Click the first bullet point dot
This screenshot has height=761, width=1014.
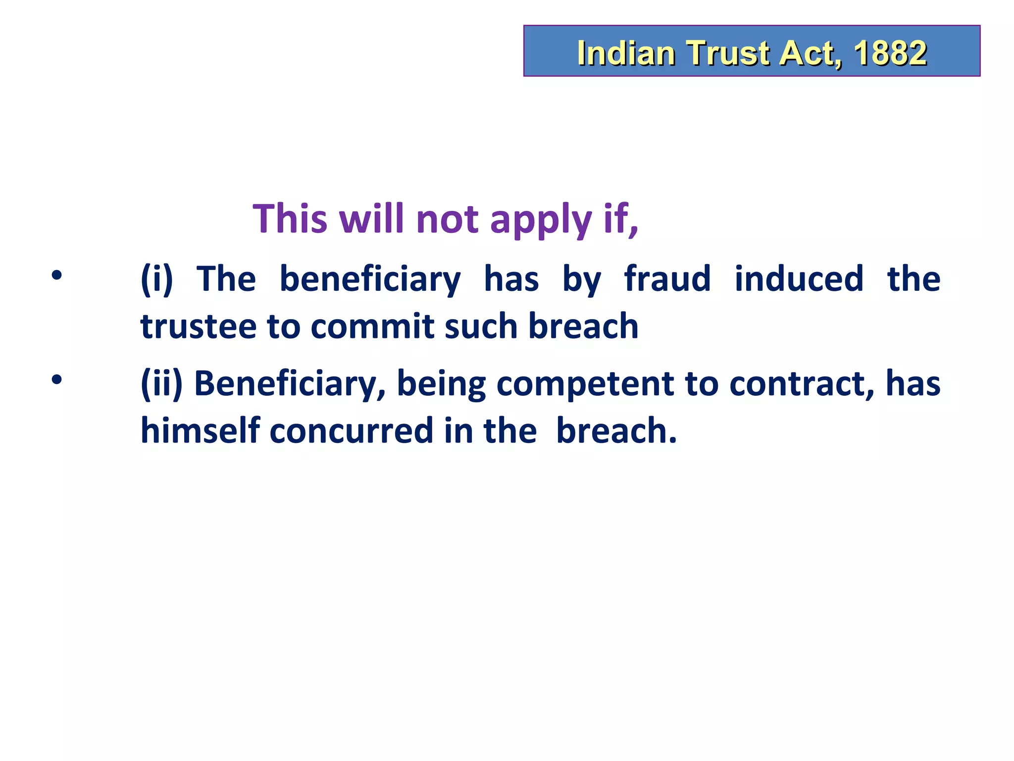(x=57, y=275)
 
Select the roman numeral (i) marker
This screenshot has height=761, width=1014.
(x=156, y=279)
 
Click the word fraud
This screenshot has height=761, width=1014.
(x=667, y=278)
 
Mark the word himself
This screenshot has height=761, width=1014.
(x=200, y=430)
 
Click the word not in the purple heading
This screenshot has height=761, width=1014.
(x=447, y=219)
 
